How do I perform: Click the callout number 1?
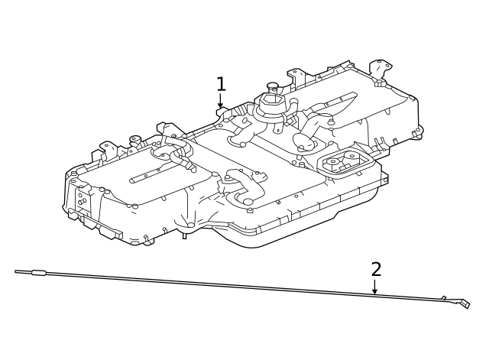click(221, 84)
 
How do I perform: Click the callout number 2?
click(376, 269)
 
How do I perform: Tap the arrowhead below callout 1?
click(221, 105)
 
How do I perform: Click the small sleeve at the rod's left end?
click(38, 272)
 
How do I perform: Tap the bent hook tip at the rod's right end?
click(464, 304)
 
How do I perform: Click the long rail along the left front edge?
click(96, 222)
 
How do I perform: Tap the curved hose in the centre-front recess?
click(244, 188)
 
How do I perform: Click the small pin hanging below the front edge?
click(184, 235)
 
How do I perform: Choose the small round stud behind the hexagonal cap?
click(272, 86)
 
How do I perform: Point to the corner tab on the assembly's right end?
click(417, 133)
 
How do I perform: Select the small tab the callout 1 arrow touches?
click(222, 112)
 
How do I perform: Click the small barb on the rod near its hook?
click(444, 297)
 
